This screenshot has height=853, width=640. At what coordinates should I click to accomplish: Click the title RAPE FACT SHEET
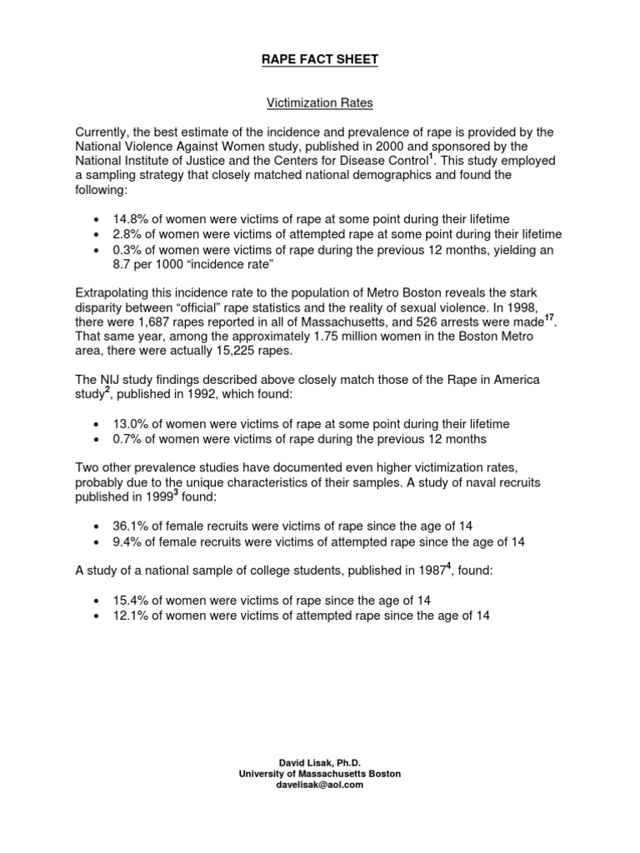(319, 59)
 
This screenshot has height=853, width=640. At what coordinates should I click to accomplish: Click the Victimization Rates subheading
(319, 104)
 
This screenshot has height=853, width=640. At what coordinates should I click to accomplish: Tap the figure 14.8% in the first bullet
(128, 217)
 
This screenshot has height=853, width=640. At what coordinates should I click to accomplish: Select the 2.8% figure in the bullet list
(125, 234)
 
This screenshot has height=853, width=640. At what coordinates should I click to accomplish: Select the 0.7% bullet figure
(125, 439)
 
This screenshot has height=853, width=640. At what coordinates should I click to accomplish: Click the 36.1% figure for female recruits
(128, 526)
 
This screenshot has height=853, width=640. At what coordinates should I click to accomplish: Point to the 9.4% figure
(125, 541)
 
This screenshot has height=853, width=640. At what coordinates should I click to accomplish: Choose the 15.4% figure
(128, 601)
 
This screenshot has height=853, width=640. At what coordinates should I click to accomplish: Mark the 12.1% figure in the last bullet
(128, 616)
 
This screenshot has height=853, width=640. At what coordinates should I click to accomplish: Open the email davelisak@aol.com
(319, 785)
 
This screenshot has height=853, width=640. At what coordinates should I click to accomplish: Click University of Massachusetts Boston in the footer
(319, 774)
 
